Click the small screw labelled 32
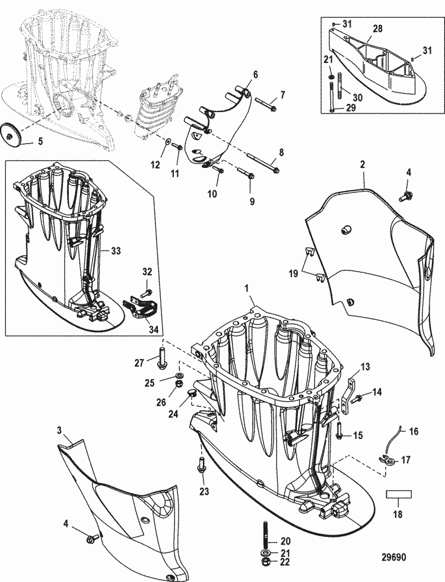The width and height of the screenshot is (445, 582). point(148,292)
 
